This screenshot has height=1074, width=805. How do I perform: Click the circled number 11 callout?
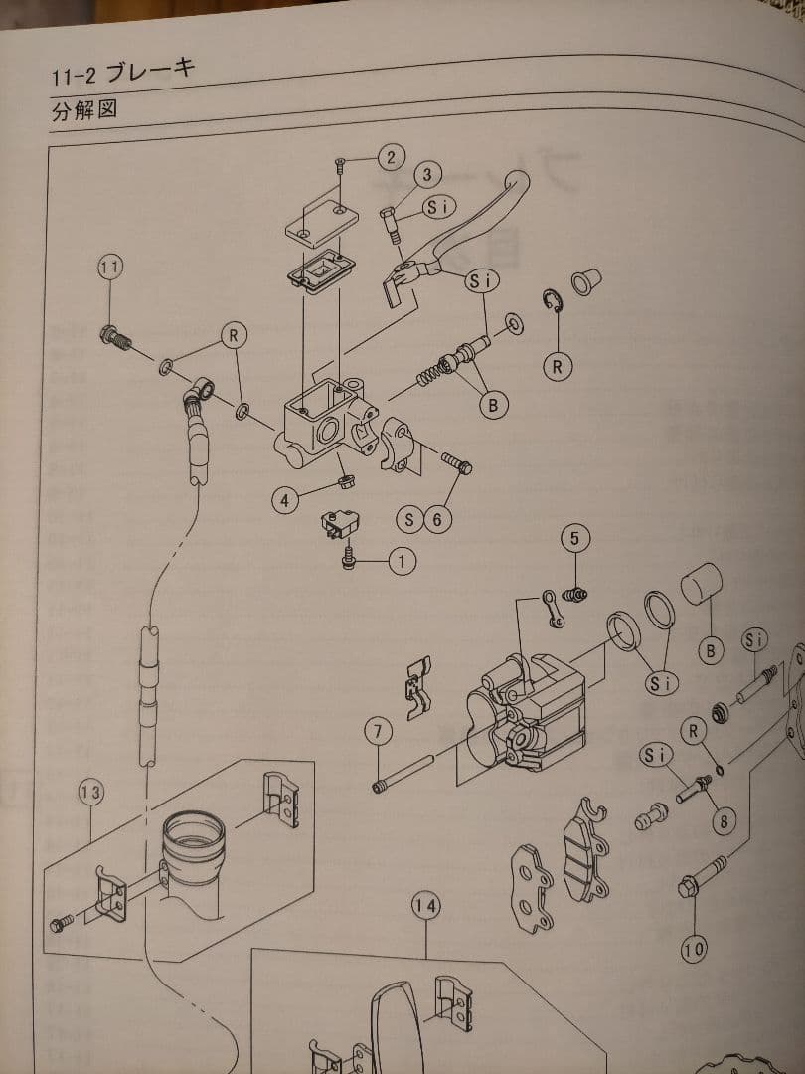(x=110, y=266)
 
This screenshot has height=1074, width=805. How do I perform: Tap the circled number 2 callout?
(x=391, y=156)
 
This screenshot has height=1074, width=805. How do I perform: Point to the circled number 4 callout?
(x=284, y=501)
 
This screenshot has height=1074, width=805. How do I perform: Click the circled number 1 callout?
(x=401, y=562)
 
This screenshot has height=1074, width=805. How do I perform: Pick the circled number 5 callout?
(x=574, y=539)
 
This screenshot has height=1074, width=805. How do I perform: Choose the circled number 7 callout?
(x=378, y=732)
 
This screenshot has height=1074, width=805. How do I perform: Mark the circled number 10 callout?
(x=694, y=950)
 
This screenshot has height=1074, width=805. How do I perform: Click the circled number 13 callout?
(x=90, y=792)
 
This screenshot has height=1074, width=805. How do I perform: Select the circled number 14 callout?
(x=426, y=906)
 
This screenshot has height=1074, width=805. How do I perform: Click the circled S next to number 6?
(x=409, y=518)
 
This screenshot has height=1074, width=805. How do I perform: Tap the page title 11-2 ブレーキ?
(x=123, y=72)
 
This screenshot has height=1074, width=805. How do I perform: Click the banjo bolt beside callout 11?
(x=115, y=337)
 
